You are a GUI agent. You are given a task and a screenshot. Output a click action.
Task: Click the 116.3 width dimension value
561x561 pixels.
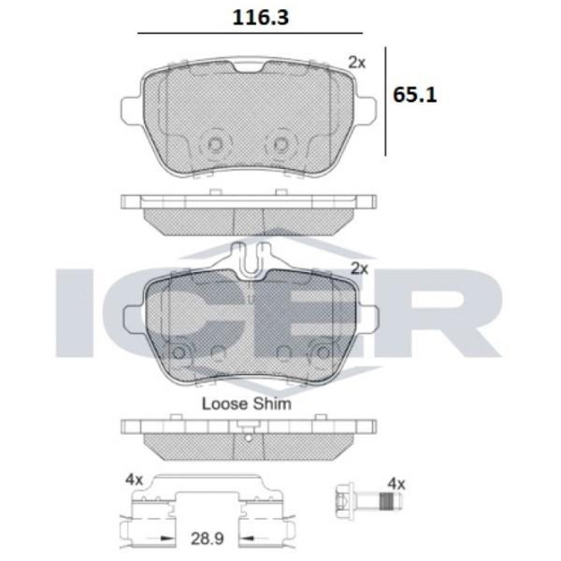click(x=260, y=18)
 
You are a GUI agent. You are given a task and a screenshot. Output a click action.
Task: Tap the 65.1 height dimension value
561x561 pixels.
click(x=414, y=95)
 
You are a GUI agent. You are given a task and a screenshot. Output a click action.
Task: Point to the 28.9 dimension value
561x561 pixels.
click(x=208, y=539)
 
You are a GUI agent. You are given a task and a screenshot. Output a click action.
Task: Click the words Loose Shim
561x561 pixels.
click(x=247, y=404)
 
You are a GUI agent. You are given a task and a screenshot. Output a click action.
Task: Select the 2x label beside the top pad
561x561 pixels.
click(x=357, y=63)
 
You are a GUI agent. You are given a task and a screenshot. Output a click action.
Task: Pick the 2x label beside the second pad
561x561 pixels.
click(x=359, y=268)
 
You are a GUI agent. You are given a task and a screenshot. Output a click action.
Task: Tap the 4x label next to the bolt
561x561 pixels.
click(x=396, y=484)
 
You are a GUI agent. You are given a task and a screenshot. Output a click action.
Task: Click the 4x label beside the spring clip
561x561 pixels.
click(x=134, y=480)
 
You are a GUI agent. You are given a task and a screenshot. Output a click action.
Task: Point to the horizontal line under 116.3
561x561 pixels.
click(x=250, y=34)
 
